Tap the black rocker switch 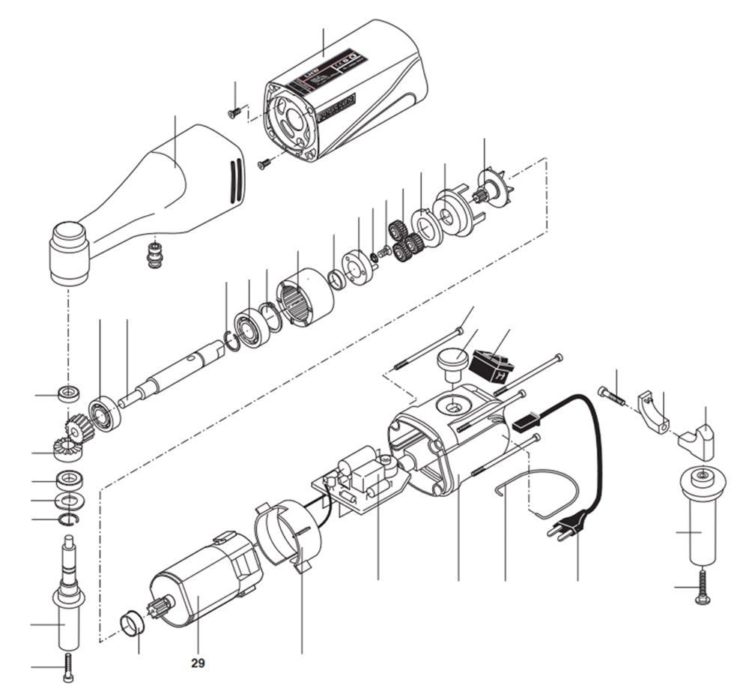click(492, 366)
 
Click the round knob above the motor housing click(452, 362)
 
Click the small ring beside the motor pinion click(132, 622)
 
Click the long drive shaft click(172, 375)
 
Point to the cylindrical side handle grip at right click(701, 525)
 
